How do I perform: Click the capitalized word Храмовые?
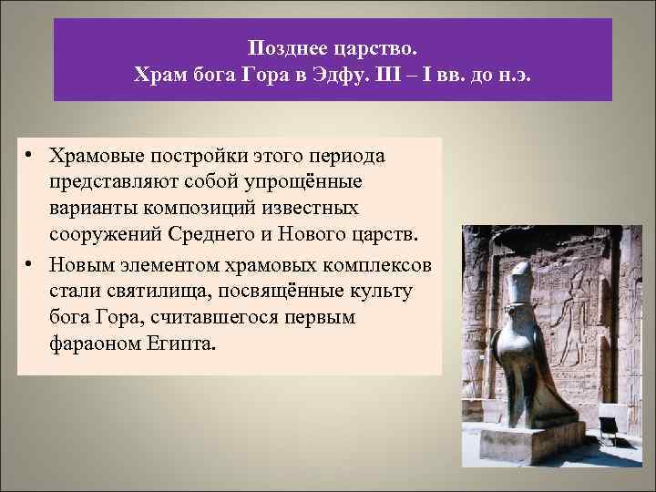[x=97, y=156]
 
